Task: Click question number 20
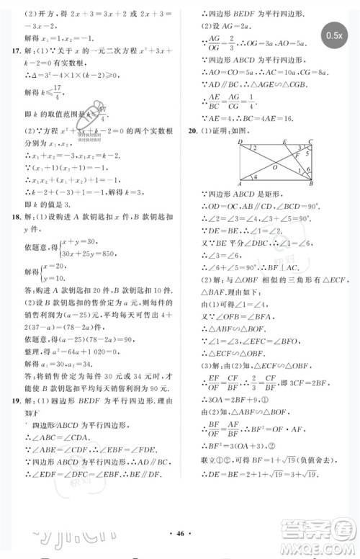pos(192,132)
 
